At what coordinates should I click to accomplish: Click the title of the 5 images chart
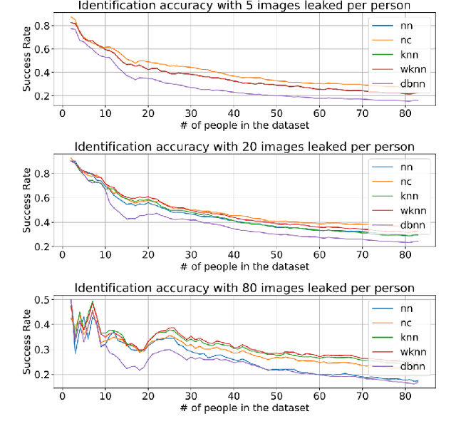tap(235, 6)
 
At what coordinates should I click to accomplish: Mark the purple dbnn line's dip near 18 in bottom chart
tap(140, 369)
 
